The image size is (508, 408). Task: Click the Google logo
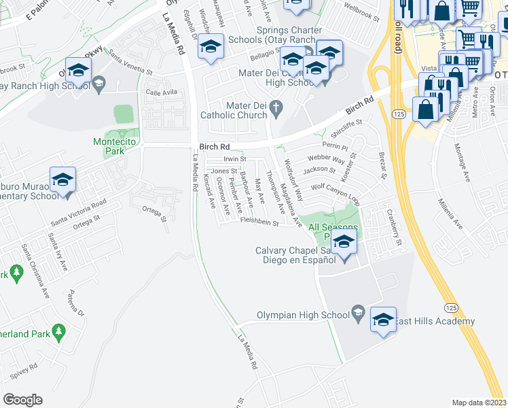(x=22, y=400)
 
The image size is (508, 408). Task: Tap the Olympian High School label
(x=303, y=315)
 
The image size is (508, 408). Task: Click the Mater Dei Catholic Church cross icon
(x=276, y=107)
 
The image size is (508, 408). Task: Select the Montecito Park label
(x=109, y=146)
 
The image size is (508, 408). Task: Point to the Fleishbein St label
(x=260, y=222)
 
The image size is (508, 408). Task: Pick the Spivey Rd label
(x=23, y=371)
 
